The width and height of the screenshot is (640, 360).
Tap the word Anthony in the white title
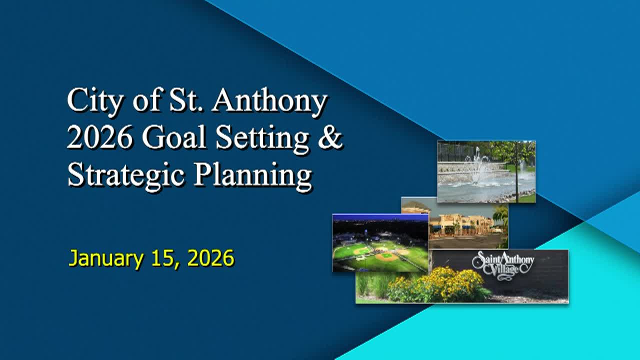(269, 101)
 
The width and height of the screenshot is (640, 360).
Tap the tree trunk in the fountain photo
(516, 180)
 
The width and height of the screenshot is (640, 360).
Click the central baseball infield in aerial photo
(385, 256)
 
